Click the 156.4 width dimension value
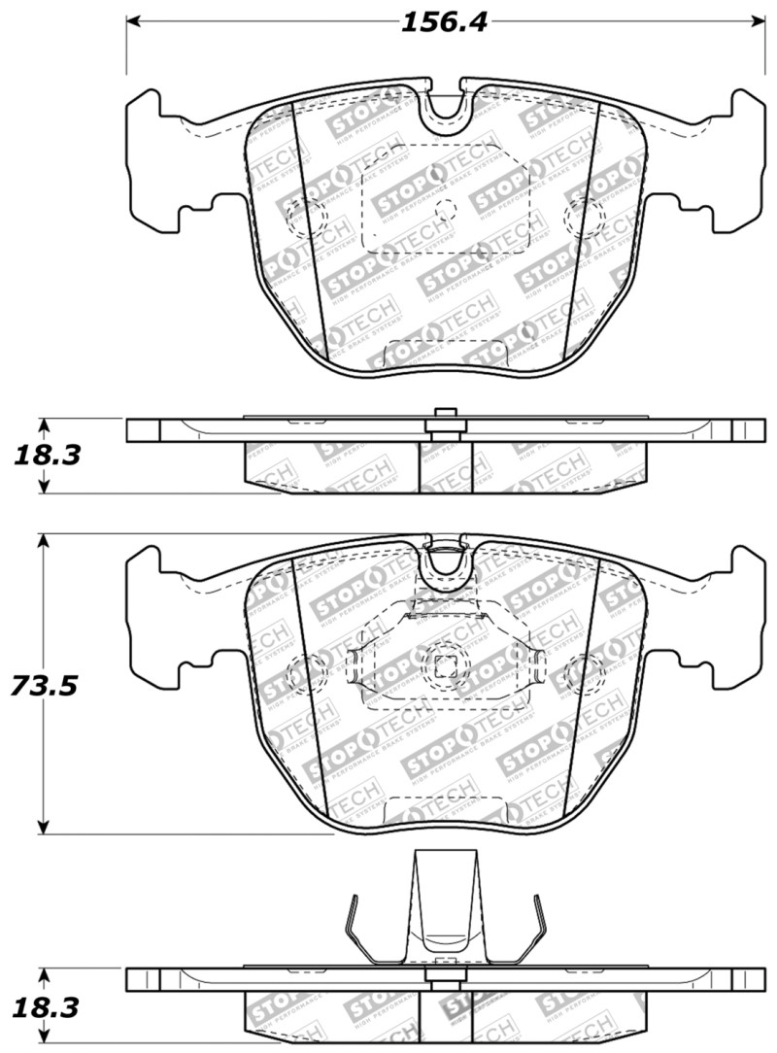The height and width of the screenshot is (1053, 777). (446, 21)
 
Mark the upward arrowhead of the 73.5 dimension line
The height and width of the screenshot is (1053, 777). (43, 540)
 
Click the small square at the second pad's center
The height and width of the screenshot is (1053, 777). (446, 666)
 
